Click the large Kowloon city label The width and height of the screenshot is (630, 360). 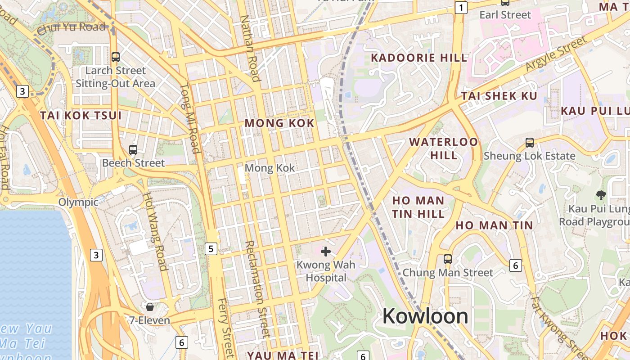tap(425, 316)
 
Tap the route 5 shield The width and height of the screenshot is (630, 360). tap(211, 248)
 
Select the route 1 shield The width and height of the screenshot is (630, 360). tap(461, 7)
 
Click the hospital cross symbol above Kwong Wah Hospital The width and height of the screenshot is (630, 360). tap(326, 251)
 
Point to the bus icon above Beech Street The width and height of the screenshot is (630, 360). tap(133, 149)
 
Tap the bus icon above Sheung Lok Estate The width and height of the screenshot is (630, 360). tap(530, 143)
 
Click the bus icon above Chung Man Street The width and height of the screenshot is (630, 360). tap(447, 259)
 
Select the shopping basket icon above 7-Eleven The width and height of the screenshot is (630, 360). tap(149, 307)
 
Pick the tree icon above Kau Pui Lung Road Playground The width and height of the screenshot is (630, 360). tap(600, 195)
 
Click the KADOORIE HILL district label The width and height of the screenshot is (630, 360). tap(419, 58)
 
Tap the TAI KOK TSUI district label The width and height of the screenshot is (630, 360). tap(81, 115)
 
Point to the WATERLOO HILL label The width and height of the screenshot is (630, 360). tap(444, 148)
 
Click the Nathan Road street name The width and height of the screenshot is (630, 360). tap(250, 49)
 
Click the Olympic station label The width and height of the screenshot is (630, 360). tap(78, 202)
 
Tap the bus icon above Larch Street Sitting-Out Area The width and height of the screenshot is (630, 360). tap(116, 57)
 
